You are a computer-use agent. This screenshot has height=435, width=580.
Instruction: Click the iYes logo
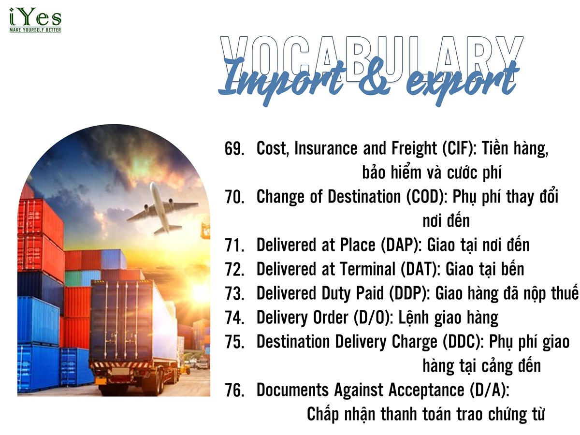(35, 20)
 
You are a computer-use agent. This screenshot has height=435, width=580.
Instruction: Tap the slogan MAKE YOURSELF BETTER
(35, 30)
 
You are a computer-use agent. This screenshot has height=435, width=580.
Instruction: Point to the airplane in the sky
(162, 208)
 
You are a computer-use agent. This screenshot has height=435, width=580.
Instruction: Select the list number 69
(234, 148)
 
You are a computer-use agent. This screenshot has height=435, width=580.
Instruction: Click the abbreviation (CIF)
(459, 148)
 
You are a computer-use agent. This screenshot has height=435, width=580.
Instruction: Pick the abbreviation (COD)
(426, 197)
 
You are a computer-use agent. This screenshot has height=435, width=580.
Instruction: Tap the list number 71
(234, 246)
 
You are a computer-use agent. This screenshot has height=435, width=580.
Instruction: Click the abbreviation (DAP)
(401, 245)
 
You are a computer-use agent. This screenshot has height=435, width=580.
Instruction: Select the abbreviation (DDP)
(409, 293)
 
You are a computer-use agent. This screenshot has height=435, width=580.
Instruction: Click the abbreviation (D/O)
(372, 318)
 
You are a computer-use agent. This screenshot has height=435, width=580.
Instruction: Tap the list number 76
(234, 391)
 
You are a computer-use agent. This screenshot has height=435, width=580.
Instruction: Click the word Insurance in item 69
(326, 148)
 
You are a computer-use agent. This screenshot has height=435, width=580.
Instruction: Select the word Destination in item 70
(364, 197)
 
